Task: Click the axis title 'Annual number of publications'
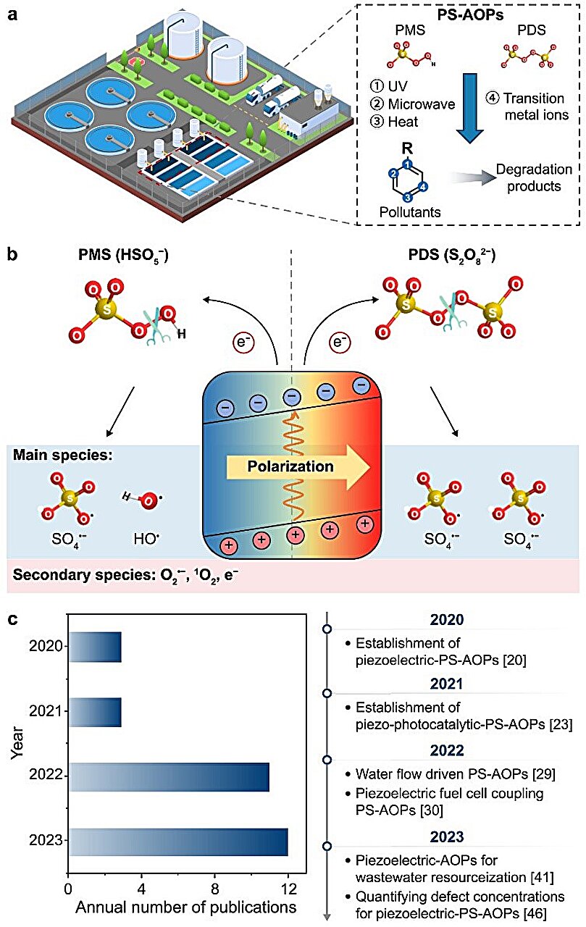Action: coord(186,907)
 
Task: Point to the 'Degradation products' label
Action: coord(534,177)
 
